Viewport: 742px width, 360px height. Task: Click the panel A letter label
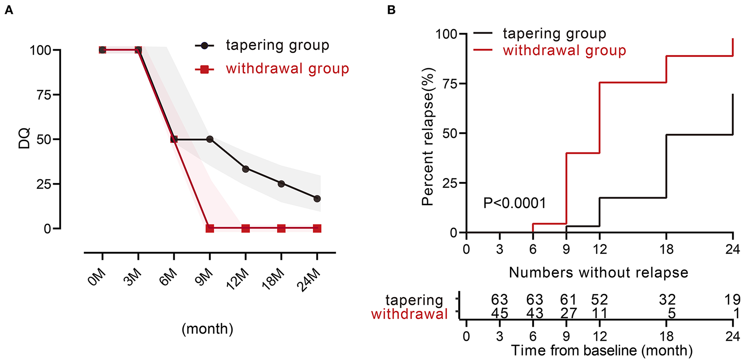click(9, 10)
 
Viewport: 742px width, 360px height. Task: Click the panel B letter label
click(391, 10)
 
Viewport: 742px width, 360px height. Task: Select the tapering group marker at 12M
click(245, 169)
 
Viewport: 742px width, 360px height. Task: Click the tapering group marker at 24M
click(317, 198)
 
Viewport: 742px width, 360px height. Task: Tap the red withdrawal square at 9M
click(210, 229)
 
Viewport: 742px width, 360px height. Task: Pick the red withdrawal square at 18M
click(281, 229)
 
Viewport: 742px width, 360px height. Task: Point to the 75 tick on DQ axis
click(44, 95)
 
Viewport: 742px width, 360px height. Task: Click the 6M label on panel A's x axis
click(168, 278)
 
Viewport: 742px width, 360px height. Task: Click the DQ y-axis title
click(24, 139)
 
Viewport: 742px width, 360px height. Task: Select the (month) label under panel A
click(207, 329)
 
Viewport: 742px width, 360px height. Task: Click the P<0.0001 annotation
click(514, 203)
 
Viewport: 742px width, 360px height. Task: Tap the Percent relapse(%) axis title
click(428, 137)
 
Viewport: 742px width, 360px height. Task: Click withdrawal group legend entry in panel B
click(564, 51)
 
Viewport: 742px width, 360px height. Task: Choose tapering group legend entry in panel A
click(277, 45)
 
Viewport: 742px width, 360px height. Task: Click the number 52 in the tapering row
click(599, 300)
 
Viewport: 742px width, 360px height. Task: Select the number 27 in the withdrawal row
click(568, 314)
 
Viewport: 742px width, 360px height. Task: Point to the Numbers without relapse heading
click(598, 273)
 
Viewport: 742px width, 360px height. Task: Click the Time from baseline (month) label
click(601, 350)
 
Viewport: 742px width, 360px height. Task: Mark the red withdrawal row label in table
click(409, 314)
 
